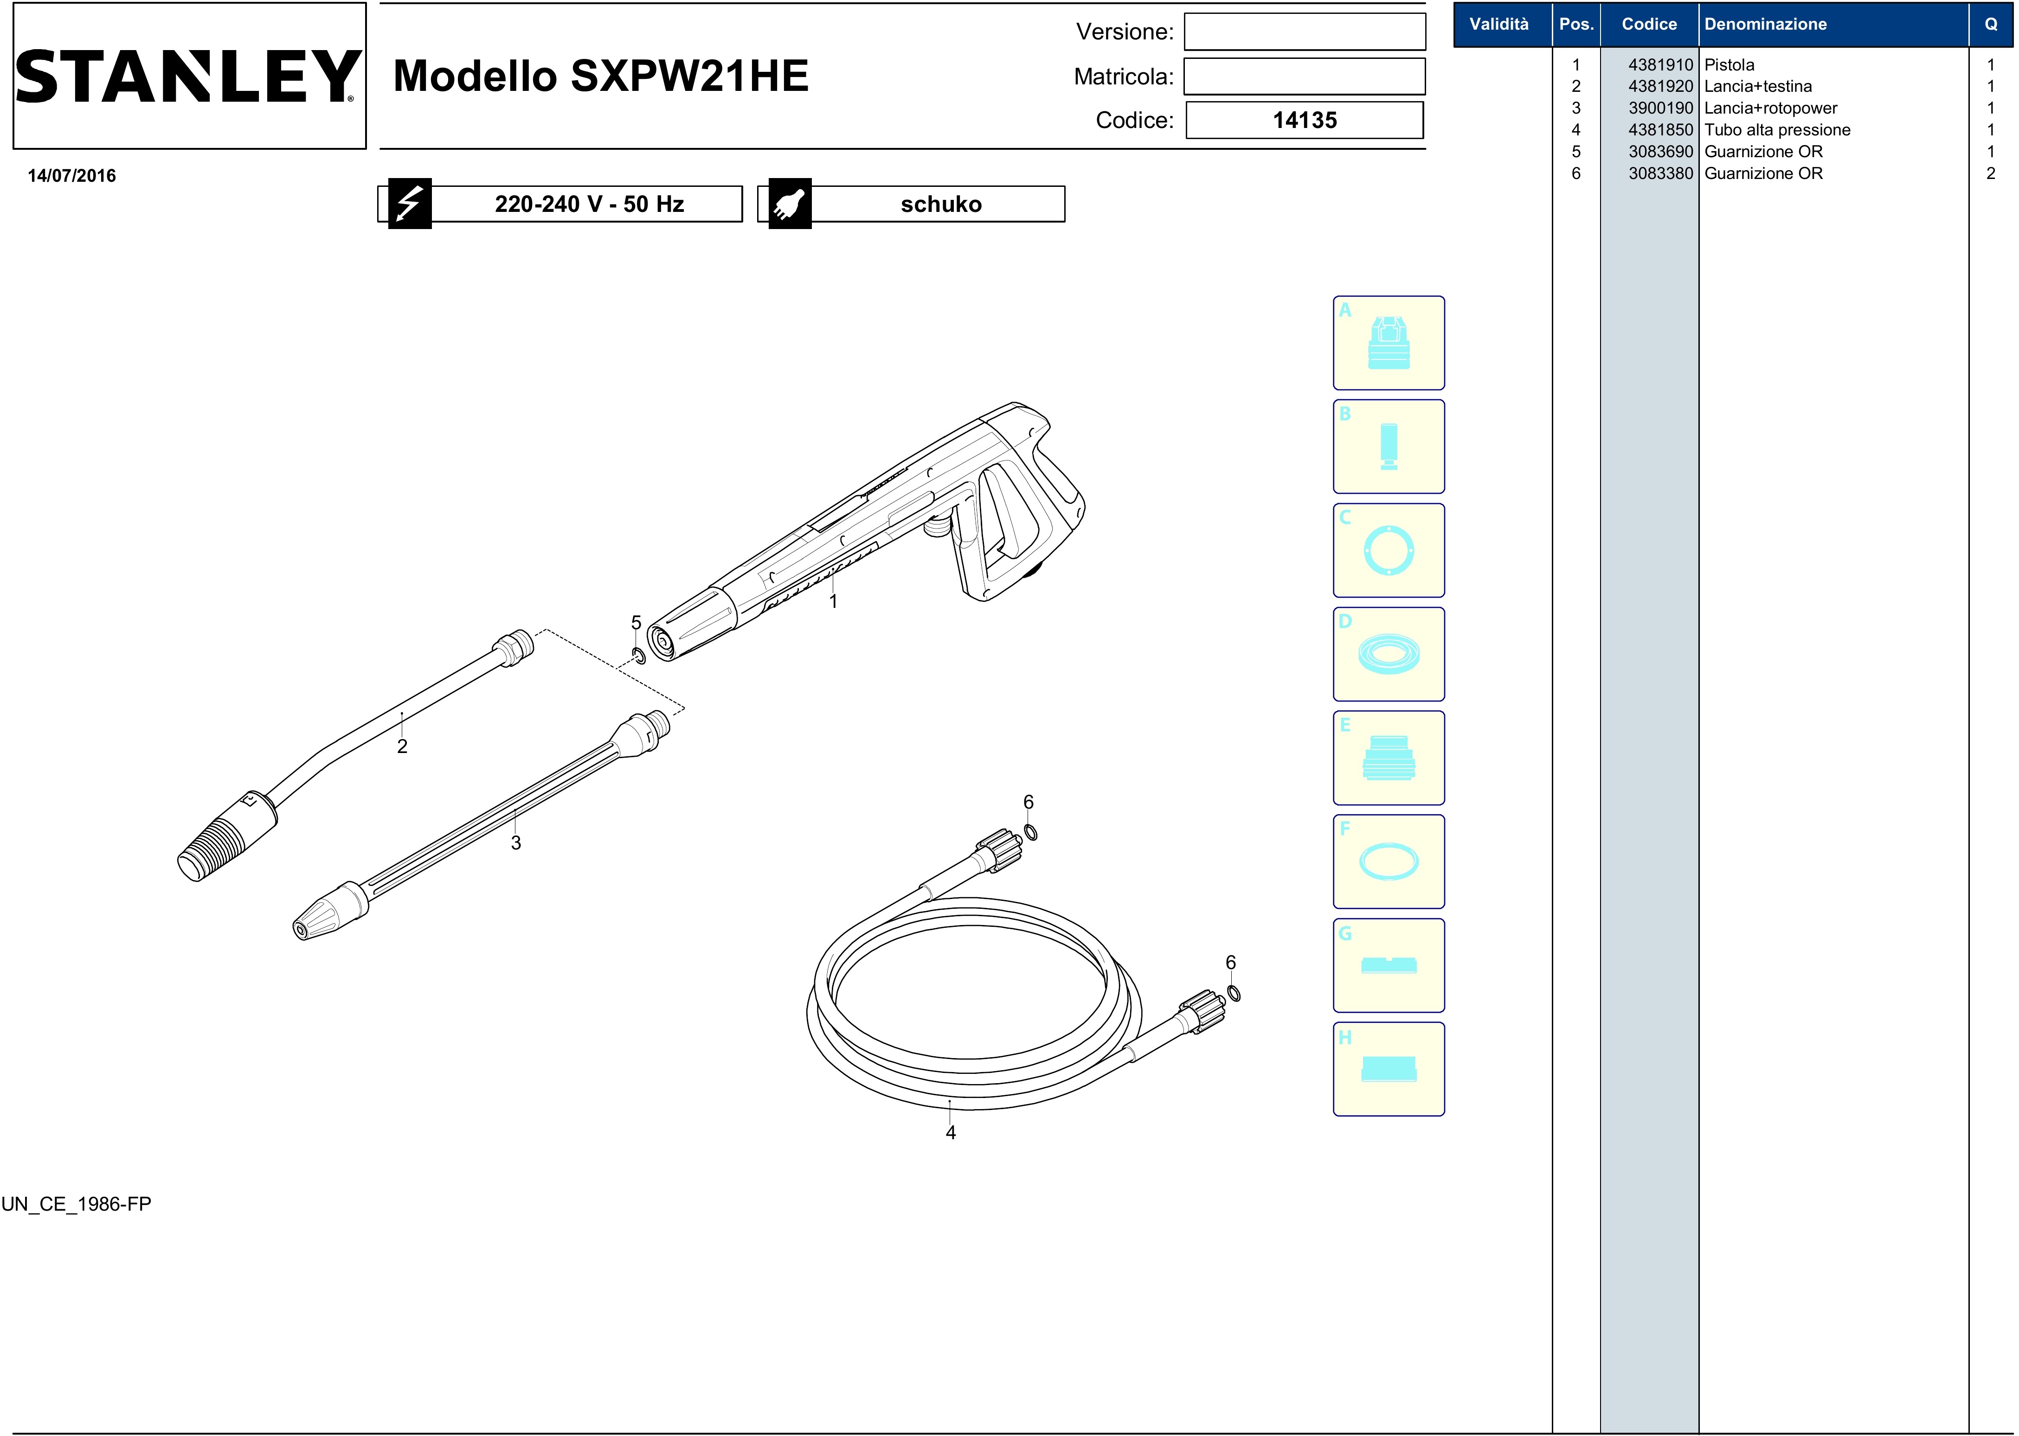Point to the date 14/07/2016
[x=71, y=176]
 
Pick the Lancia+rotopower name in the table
[x=1770, y=108]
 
